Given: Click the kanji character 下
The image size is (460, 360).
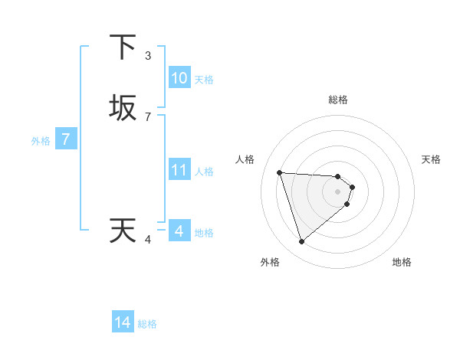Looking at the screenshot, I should pyautogui.click(x=123, y=47).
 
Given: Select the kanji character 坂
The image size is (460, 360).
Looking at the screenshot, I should pyautogui.click(x=123, y=108).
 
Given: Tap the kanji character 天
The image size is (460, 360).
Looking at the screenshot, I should pyautogui.click(x=123, y=231).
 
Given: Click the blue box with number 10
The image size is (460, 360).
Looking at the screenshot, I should pyautogui.click(x=179, y=78).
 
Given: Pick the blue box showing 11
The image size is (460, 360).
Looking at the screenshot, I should pyautogui.click(x=179, y=170).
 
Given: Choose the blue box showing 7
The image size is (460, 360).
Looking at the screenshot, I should pyautogui.click(x=66, y=139).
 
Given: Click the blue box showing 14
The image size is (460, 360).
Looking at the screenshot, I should pyautogui.click(x=123, y=322).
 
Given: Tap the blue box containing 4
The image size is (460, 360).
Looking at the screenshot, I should pyautogui.click(x=179, y=231).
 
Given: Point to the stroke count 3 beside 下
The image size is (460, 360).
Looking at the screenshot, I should pyautogui.click(x=148, y=55).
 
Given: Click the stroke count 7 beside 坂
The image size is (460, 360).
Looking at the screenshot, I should pyautogui.click(x=148, y=116).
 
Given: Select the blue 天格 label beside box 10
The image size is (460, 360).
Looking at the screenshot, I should pyautogui.click(x=204, y=80).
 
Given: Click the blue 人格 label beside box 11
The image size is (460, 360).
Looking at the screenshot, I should pyautogui.click(x=204, y=172).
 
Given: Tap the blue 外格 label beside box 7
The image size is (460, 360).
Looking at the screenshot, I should pyautogui.click(x=41, y=141).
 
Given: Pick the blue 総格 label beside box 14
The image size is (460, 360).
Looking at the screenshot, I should pyautogui.click(x=147, y=324).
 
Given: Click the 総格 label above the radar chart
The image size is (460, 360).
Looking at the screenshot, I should pyautogui.click(x=337, y=100).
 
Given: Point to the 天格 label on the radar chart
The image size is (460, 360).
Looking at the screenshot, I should pyautogui.click(x=431, y=159).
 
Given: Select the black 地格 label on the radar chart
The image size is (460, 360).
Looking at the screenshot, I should pyautogui.click(x=402, y=263).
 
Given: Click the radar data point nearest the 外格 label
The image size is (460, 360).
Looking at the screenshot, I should pyautogui.click(x=301, y=242).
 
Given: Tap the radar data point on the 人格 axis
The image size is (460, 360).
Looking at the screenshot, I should pyautogui.click(x=280, y=172).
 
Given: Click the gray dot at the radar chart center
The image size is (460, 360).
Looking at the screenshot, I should pyautogui.click(x=337, y=191).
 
